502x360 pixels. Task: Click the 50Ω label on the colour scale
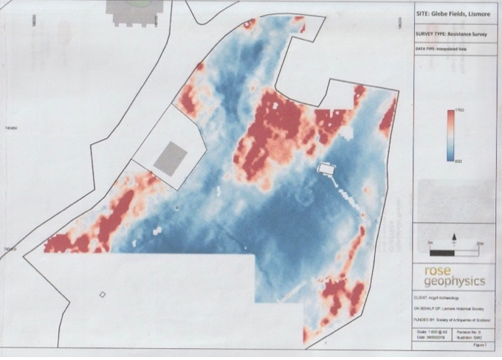(x=458, y=159)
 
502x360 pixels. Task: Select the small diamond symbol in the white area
(x=103, y=295)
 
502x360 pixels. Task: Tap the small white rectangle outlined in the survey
(x=326, y=169)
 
